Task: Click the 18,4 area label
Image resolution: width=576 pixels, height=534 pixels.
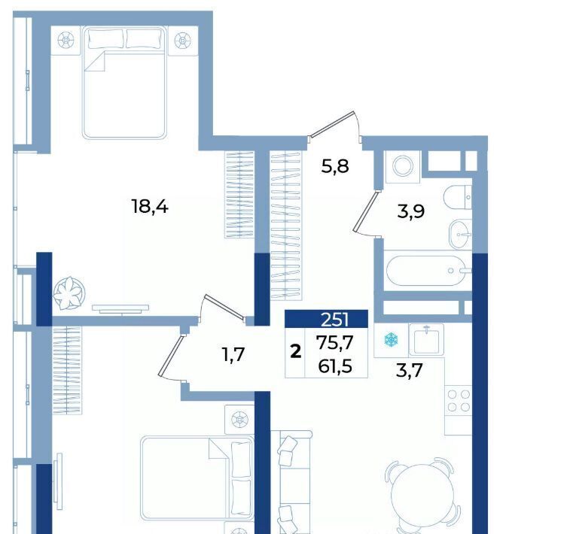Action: point(150,208)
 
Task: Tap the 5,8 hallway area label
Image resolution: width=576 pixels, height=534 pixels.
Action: point(334,167)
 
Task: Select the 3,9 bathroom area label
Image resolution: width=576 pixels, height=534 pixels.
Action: point(411,212)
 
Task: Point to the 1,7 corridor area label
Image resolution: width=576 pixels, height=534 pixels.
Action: point(233,355)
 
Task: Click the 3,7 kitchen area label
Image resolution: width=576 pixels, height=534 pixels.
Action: point(410,370)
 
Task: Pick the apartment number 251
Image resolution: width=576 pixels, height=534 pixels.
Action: point(334,320)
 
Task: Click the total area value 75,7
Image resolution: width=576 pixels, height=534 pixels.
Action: point(334,343)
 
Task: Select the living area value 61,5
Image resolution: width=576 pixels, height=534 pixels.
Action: point(334,366)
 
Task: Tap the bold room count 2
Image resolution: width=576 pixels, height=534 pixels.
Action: point(295,352)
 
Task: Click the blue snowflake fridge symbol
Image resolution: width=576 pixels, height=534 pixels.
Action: point(392,339)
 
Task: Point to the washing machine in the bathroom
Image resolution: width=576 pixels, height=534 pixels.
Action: point(403,166)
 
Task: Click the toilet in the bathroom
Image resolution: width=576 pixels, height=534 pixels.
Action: point(457,197)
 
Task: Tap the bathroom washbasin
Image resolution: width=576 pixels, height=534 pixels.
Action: point(460,234)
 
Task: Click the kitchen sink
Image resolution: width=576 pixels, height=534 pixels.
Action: point(426,339)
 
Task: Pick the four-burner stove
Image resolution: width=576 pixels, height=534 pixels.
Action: point(459,400)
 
